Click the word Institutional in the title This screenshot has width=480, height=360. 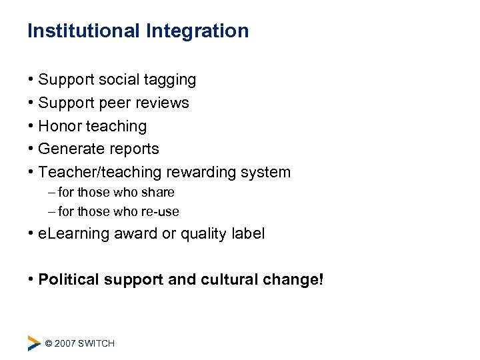pyautogui.click(x=83, y=31)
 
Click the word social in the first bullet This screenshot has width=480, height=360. pyautogui.click(x=119, y=80)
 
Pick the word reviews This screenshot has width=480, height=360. pyautogui.click(x=164, y=103)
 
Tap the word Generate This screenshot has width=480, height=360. pyautogui.click(x=70, y=149)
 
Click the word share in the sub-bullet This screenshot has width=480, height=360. pyautogui.click(x=158, y=193)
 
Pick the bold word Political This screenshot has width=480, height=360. pyautogui.click(x=70, y=279)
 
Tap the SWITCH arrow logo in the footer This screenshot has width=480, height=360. pyautogui.click(x=33, y=343)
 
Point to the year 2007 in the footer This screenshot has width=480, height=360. pyautogui.click(x=65, y=343)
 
